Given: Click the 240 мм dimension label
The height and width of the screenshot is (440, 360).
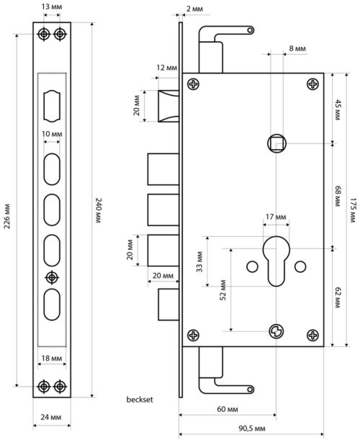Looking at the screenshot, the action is [x=98, y=210].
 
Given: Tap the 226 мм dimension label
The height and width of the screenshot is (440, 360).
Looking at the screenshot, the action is [x=8, y=216].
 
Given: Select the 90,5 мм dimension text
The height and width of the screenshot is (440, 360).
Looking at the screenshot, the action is [x=252, y=428].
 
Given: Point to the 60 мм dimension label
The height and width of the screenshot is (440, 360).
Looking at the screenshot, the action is [x=228, y=409].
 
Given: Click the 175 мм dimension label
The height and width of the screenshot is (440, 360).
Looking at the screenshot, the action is [x=353, y=210].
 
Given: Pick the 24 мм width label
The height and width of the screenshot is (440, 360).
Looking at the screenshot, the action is [x=51, y=417].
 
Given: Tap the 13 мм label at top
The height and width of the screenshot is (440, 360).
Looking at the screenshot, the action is [x=52, y=6].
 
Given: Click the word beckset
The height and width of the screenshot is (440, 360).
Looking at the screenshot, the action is [x=140, y=399].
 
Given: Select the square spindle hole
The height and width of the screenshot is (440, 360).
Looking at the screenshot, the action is [x=277, y=143].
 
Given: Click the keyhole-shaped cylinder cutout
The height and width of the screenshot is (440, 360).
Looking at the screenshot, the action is [x=276, y=261].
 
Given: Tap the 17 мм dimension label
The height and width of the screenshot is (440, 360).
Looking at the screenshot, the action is [x=276, y=217].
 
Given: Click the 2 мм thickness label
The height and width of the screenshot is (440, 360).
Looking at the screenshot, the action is [x=194, y=9].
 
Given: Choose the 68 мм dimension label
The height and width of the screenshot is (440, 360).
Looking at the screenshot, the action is [x=338, y=196].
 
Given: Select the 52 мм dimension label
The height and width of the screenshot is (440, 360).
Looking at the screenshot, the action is [x=222, y=290].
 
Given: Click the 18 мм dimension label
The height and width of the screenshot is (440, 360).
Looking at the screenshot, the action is [x=52, y=359].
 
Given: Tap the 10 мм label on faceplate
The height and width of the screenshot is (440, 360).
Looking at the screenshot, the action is [x=52, y=134].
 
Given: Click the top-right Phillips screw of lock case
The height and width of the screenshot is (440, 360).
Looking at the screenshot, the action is [x=313, y=84].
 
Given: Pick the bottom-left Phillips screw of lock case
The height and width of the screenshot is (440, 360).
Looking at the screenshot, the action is [x=194, y=336].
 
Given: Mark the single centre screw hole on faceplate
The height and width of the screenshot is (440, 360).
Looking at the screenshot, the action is [x=52, y=277].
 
